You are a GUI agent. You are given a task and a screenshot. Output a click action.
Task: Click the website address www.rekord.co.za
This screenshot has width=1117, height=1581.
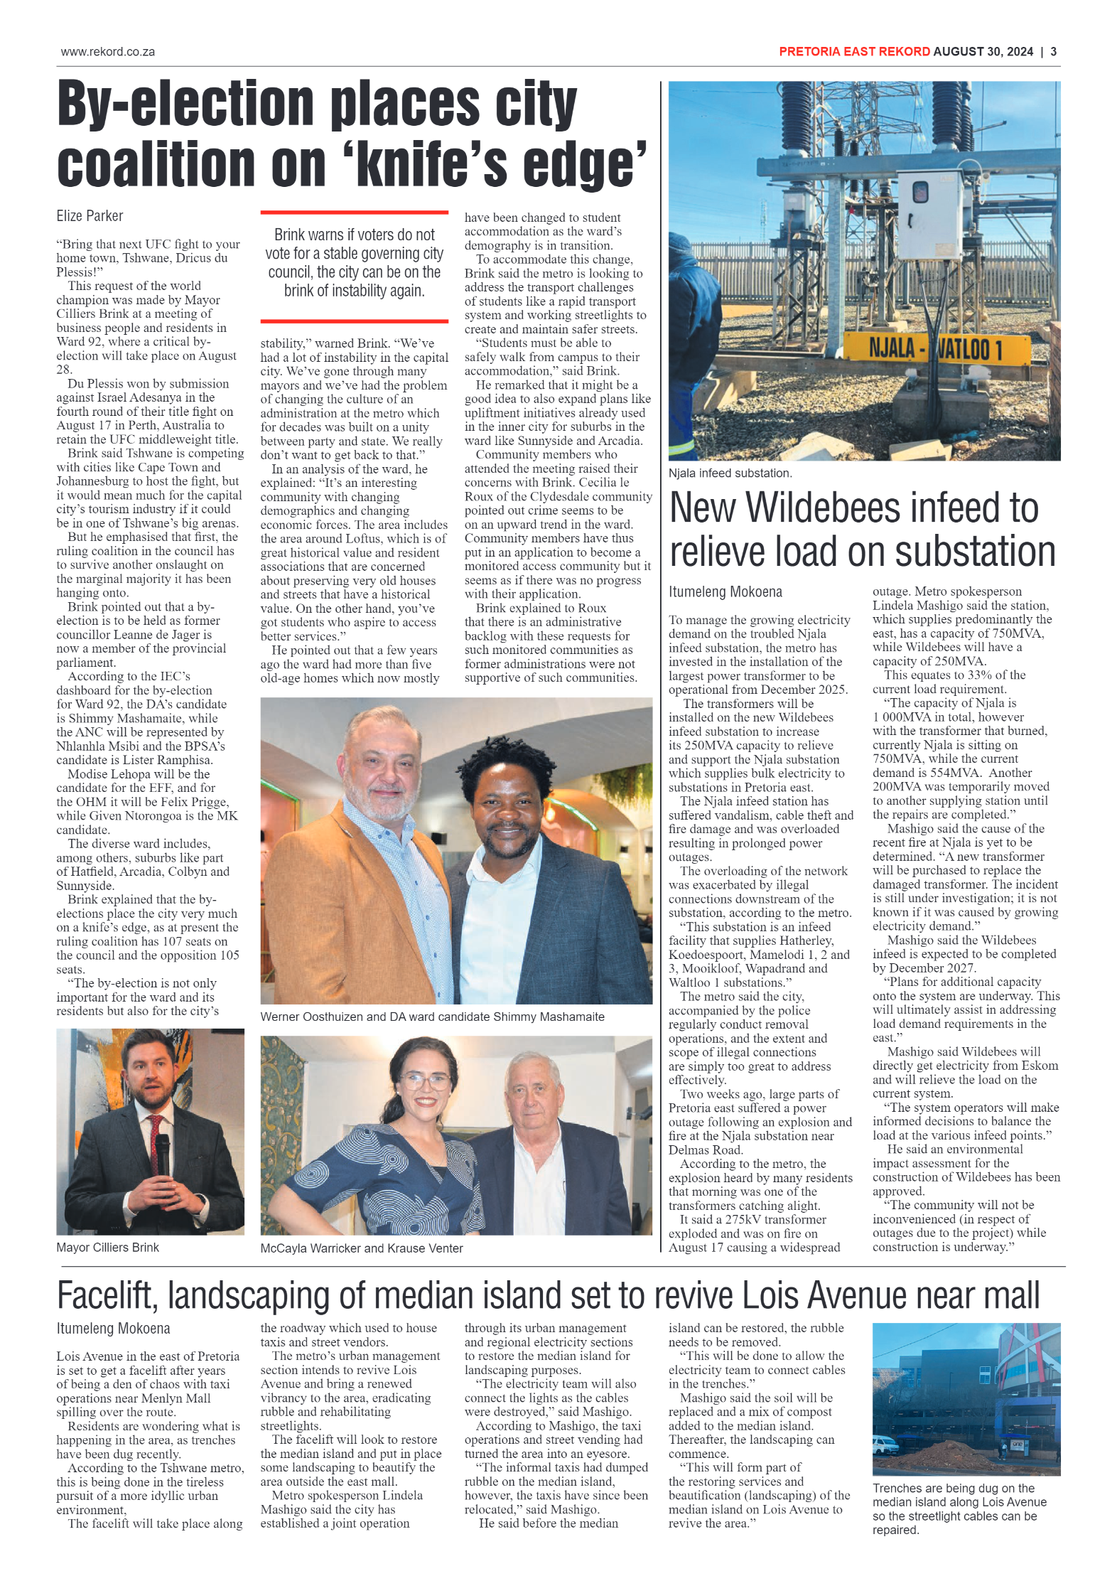[108, 52]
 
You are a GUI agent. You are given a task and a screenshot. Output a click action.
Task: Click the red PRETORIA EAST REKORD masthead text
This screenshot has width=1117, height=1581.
[853, 52]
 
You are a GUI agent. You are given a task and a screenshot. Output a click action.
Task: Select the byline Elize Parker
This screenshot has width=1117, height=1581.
[90, 216]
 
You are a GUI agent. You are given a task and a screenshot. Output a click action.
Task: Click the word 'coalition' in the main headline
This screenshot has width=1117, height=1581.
[155, 165]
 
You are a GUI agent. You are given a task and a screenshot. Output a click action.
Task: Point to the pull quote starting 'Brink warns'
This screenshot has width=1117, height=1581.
[354, 263]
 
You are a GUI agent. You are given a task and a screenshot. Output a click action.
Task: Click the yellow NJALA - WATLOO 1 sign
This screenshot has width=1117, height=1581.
[935, 349]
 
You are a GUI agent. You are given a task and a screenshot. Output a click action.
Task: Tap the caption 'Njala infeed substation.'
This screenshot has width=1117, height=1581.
[730, 473]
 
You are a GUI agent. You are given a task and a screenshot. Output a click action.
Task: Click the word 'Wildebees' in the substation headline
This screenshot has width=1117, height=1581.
[850, 509]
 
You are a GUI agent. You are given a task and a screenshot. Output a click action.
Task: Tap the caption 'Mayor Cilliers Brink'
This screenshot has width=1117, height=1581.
[108, 1247]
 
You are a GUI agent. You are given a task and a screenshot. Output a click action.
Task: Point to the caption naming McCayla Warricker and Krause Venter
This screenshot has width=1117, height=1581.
[361, 1248]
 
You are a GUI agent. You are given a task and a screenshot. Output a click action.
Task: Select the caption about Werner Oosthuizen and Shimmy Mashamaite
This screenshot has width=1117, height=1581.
[432, 1017]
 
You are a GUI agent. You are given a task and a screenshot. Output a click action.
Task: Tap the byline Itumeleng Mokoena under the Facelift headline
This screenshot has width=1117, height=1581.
[114, 1329]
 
